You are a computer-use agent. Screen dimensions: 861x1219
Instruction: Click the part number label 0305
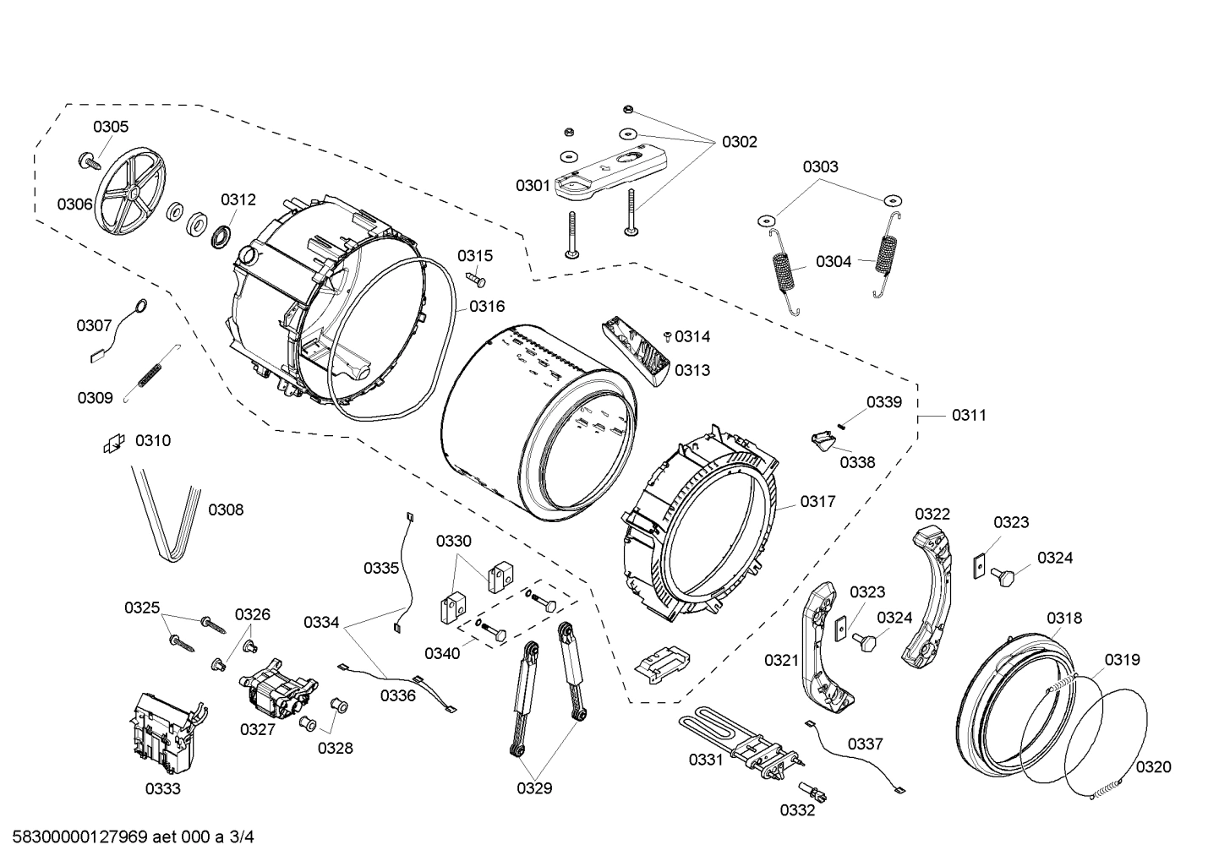pos(111,127)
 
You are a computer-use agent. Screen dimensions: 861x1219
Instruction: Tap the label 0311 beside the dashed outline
pos(969,415)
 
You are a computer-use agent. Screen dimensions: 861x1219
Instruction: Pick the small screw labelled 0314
pos(667,337)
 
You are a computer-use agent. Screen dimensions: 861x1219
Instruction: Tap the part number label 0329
pos(534,788)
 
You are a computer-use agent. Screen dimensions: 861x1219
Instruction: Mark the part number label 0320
pos(1153,767)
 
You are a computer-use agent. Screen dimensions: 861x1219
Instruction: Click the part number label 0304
pos(834,262)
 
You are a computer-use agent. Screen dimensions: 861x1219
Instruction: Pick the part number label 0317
pos(817,501)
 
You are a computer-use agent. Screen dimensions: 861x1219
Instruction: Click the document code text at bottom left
pos(128,837)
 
